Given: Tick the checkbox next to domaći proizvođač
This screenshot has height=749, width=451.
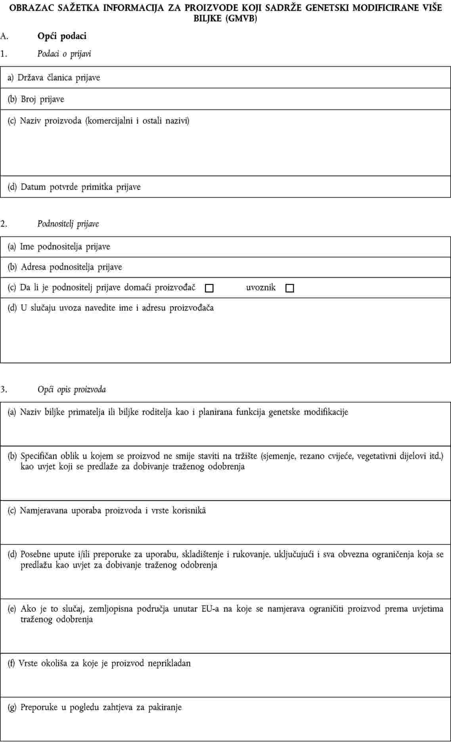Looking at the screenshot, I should pyautogui.click(x=209, y=289).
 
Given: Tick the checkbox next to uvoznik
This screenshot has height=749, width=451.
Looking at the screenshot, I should pyautogui.click(x=290, y=289).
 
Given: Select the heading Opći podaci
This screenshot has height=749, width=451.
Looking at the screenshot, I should pyautogui.click(x=62, y=36).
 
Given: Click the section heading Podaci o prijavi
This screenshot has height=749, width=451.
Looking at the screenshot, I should pyautogui.click(x=64, y=53).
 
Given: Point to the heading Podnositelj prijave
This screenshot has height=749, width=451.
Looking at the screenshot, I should pyautogui.click(x=68, y=224).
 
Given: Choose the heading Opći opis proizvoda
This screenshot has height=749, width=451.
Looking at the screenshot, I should pyautogui.click(x=72, y=390).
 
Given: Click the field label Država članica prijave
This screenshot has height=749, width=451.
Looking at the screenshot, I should pyautogui.click(x=59, y=78).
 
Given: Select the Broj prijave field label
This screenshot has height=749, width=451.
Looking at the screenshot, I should pyautogui.click(x=42, y=99).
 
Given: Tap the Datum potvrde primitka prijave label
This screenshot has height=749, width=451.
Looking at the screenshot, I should pyautogui.click(x=80, y=187).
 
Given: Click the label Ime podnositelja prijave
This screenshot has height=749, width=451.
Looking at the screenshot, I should pyautogui.click(x=65, y=247).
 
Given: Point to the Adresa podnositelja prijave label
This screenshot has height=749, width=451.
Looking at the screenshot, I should pyautogui.click(x=71, y=267).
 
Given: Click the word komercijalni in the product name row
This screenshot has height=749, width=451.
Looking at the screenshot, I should pyautogui.click(x=109, y=120).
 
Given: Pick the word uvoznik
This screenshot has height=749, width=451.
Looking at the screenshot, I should pyautogui.click(x=261, y=288).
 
